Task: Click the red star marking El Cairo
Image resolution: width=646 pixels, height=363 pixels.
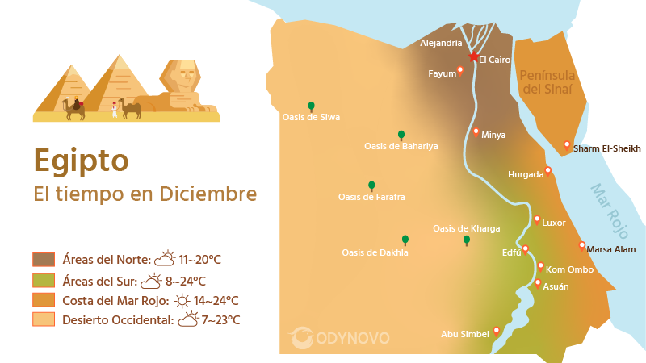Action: pyautogui.click(x=473, y=56)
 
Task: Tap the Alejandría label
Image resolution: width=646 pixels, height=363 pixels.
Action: pyautogui.click(x=442, y=43)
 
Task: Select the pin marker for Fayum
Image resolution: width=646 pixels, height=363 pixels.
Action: pyautogui.click(x=460, y=70)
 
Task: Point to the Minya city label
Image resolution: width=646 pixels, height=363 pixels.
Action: pyautogui.click(x=493, y=135)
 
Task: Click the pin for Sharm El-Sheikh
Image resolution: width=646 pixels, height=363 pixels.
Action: pyautogui.click(x=567, y=145)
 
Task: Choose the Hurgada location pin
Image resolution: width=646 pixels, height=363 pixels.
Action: pyautogui.click(x=548, y=170)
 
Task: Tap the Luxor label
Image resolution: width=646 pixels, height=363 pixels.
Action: pyautogui.click(x=554, y=223)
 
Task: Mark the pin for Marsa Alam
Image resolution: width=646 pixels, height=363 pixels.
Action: pyautogui.click(x=582, y=246)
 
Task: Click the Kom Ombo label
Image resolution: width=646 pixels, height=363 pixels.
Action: pyautogui.click(x=570, y=269)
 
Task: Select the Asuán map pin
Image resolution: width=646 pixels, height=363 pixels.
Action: pyautogui.click(x=538, y=283)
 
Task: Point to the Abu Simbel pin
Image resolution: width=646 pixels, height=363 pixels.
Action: pyautogui.click(x=496, y=331)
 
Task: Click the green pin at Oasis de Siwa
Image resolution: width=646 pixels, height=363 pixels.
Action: pyautogui.click(x=311, y=106)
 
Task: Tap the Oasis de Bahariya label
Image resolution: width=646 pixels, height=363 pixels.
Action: pyautogui.click(x=401, y=146)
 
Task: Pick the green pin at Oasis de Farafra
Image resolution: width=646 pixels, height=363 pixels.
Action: pyautogui.click(x=371, y=186)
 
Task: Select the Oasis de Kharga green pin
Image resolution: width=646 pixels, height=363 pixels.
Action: pyautogui.click(x=467, y=240)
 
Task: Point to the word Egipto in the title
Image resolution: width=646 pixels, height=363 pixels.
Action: pyautogui.click(x=81, y=161)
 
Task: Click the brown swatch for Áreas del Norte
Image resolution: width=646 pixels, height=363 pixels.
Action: pyautogui.click(x=44, y=259)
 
